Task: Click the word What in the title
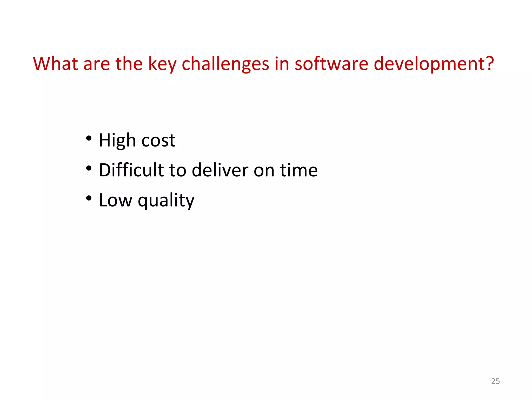click(x=55, y=64)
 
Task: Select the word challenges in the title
click(x=225, y=64)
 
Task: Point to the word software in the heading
click(x=331, y=64)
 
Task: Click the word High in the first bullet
click(x=117, y=141)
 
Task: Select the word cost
click(x=158, y=141)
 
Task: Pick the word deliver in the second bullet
click(x=220, y=170)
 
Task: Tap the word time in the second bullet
click(x=299, y=170)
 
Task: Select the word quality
click(x=166, y=201)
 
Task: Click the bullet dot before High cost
click(x=89, y=138)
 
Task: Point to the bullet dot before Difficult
click(x=89, y=168)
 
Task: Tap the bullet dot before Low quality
click(x=89, y=198)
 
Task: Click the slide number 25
click(x=495, y=381)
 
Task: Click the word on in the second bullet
click(x=264, y=171)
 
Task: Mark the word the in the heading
click(x=129, y=64)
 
